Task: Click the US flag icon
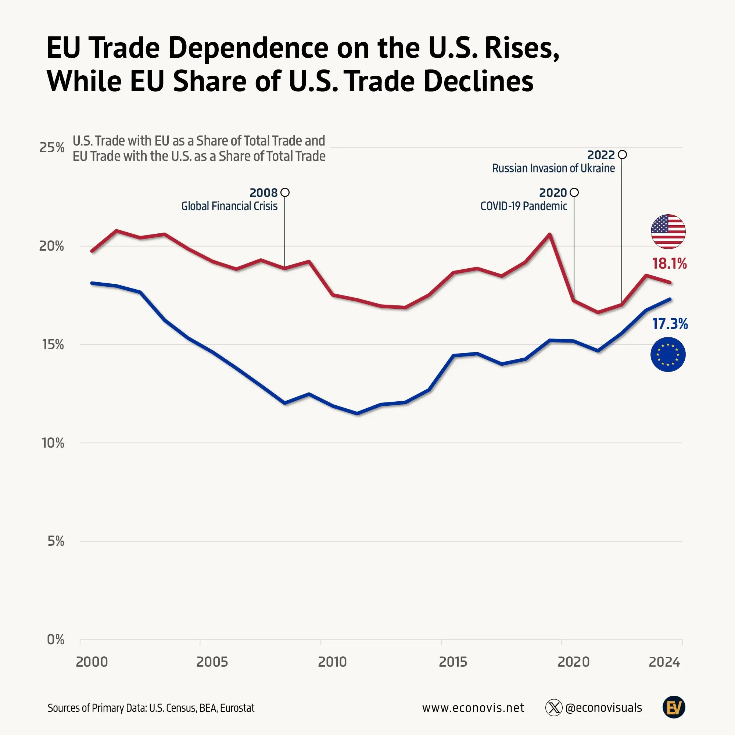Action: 668,232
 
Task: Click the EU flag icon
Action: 668,354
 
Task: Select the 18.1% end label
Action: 669,263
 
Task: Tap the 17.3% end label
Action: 670,324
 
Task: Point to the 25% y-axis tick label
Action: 52,148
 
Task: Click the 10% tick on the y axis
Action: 53,443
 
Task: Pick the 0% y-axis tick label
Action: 55,639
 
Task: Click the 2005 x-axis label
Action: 212,662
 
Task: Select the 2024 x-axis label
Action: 664,662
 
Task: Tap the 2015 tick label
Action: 453,662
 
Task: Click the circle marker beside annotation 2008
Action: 285,193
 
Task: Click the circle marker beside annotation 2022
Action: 623,155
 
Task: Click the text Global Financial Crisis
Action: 229,206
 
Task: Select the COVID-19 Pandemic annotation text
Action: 523,206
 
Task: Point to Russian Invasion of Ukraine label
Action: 553,168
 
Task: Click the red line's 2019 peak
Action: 549,234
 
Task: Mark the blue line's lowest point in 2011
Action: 357,413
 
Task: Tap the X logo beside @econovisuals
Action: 553,707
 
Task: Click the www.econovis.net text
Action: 473,707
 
